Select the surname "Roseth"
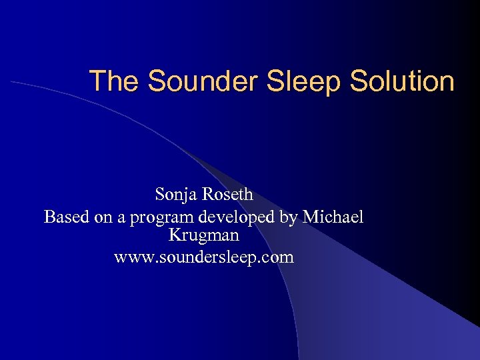pos(228,195)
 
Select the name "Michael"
pos(333,216)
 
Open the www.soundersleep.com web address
pos(204,257)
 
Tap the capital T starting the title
pos(98,81)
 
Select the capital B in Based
pos(49,216)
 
